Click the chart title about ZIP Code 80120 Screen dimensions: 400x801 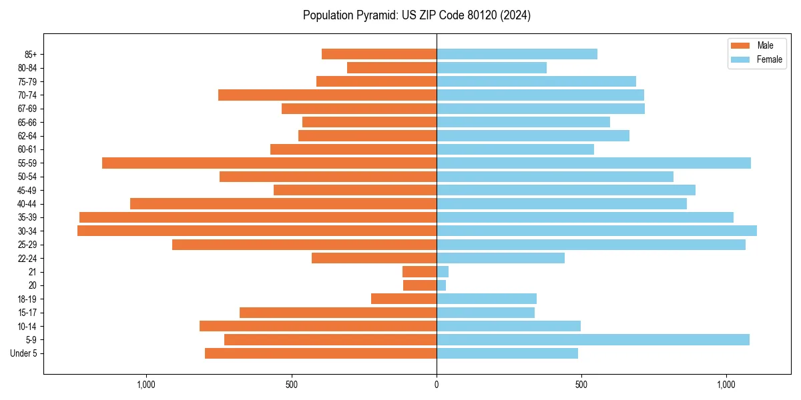pos(417,15)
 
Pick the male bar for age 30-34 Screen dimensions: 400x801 pos(257,231)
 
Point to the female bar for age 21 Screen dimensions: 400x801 pos(443,271)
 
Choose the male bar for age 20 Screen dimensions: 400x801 pos(420,285)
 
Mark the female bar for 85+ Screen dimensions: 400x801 pos(517,54)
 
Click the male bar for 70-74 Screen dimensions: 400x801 pos(327,95)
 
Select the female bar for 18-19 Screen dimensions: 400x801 pos(487,299)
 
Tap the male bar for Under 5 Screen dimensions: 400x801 pos(320,353)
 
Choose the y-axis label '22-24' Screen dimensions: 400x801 pos(27,258)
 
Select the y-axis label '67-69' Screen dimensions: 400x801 pos(27,109)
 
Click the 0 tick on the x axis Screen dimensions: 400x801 pos(437,385)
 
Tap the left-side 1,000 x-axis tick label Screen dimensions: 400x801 pos(146,385)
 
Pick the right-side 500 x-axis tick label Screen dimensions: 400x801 pos(581,385)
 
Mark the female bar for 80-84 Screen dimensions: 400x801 pos(491,67)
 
